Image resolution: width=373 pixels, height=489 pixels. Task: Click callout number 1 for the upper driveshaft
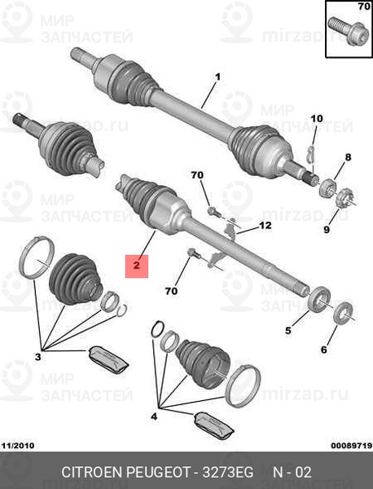217,77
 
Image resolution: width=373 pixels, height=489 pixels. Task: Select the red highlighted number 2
137,265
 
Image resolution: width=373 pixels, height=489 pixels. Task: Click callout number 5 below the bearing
287,330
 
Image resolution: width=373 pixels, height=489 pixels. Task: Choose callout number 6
323,350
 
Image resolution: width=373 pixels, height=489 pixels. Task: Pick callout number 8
348,157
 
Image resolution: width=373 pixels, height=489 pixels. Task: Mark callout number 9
327,231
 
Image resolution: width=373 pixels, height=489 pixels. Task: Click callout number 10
317,119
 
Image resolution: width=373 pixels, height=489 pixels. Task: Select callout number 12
265,225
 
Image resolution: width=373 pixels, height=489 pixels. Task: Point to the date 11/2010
17,446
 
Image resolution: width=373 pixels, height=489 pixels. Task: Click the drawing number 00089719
349,446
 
